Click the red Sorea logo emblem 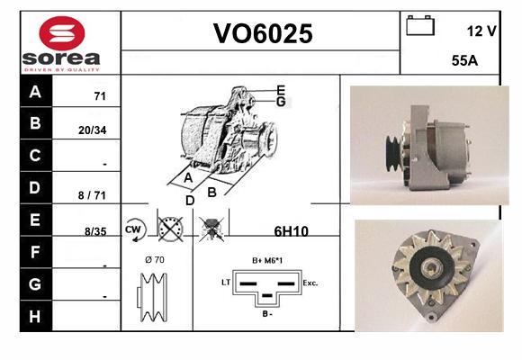click(x=62, y=33)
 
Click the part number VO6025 click(x=263, y=33)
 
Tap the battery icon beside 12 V click(x=420, y=25)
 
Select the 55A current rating click(x=464, y=60)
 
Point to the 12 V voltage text click(x=481, y=31)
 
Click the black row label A click(x=35, y=91)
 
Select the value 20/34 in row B click(x=92, y=130)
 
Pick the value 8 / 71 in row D click(x=92, y=195)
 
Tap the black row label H click(x=35, y=317)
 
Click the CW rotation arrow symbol click(x=135, y=229)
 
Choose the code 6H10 click(x=291, y=231)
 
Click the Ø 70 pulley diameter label click(x=155, y=259)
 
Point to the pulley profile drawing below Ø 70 click(x=152, y=297)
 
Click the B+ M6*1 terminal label click(x=267, y=260)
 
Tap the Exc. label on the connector click(x=310, y=283)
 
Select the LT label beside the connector click(x=226, y=283)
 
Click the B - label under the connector click(x=267, y=314)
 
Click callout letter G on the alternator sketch click(x=281, y=102)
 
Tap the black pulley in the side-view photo click(x=392, y=154)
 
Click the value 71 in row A click(x=100, y=96)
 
